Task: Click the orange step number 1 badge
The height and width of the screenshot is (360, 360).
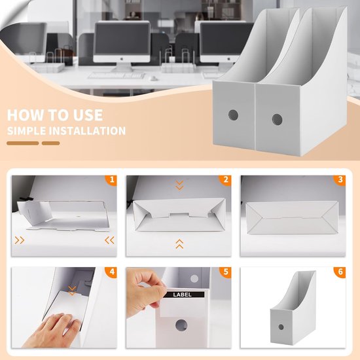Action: point(111,180)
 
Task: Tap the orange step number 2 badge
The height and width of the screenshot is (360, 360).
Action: point(225,180)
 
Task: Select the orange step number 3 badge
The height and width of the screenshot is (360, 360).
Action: point(340,180)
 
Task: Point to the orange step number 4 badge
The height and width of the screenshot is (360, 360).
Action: point(111,272)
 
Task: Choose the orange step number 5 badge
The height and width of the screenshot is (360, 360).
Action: point(225,272)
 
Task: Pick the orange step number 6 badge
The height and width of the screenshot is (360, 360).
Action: point(340,272)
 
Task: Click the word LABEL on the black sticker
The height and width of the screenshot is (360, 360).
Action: point(182,295)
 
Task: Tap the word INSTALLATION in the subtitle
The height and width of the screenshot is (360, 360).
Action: point(88,131)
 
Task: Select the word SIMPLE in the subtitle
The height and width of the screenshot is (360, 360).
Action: point(27,131)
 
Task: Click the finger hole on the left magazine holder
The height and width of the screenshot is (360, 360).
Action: point(233,115)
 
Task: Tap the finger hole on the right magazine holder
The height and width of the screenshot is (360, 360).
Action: point(277,119)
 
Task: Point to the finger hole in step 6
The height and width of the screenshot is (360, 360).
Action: point(281,327)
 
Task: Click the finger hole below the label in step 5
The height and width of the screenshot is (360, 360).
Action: point(181,325)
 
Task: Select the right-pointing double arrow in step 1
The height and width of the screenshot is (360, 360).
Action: point(20,240)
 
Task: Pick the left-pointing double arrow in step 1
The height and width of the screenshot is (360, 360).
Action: point(109,240)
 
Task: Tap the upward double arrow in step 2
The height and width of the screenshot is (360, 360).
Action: point(179,244)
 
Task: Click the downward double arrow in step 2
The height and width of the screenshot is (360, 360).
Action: point(179,185)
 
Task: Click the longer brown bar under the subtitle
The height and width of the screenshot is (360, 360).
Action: point(23,143)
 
